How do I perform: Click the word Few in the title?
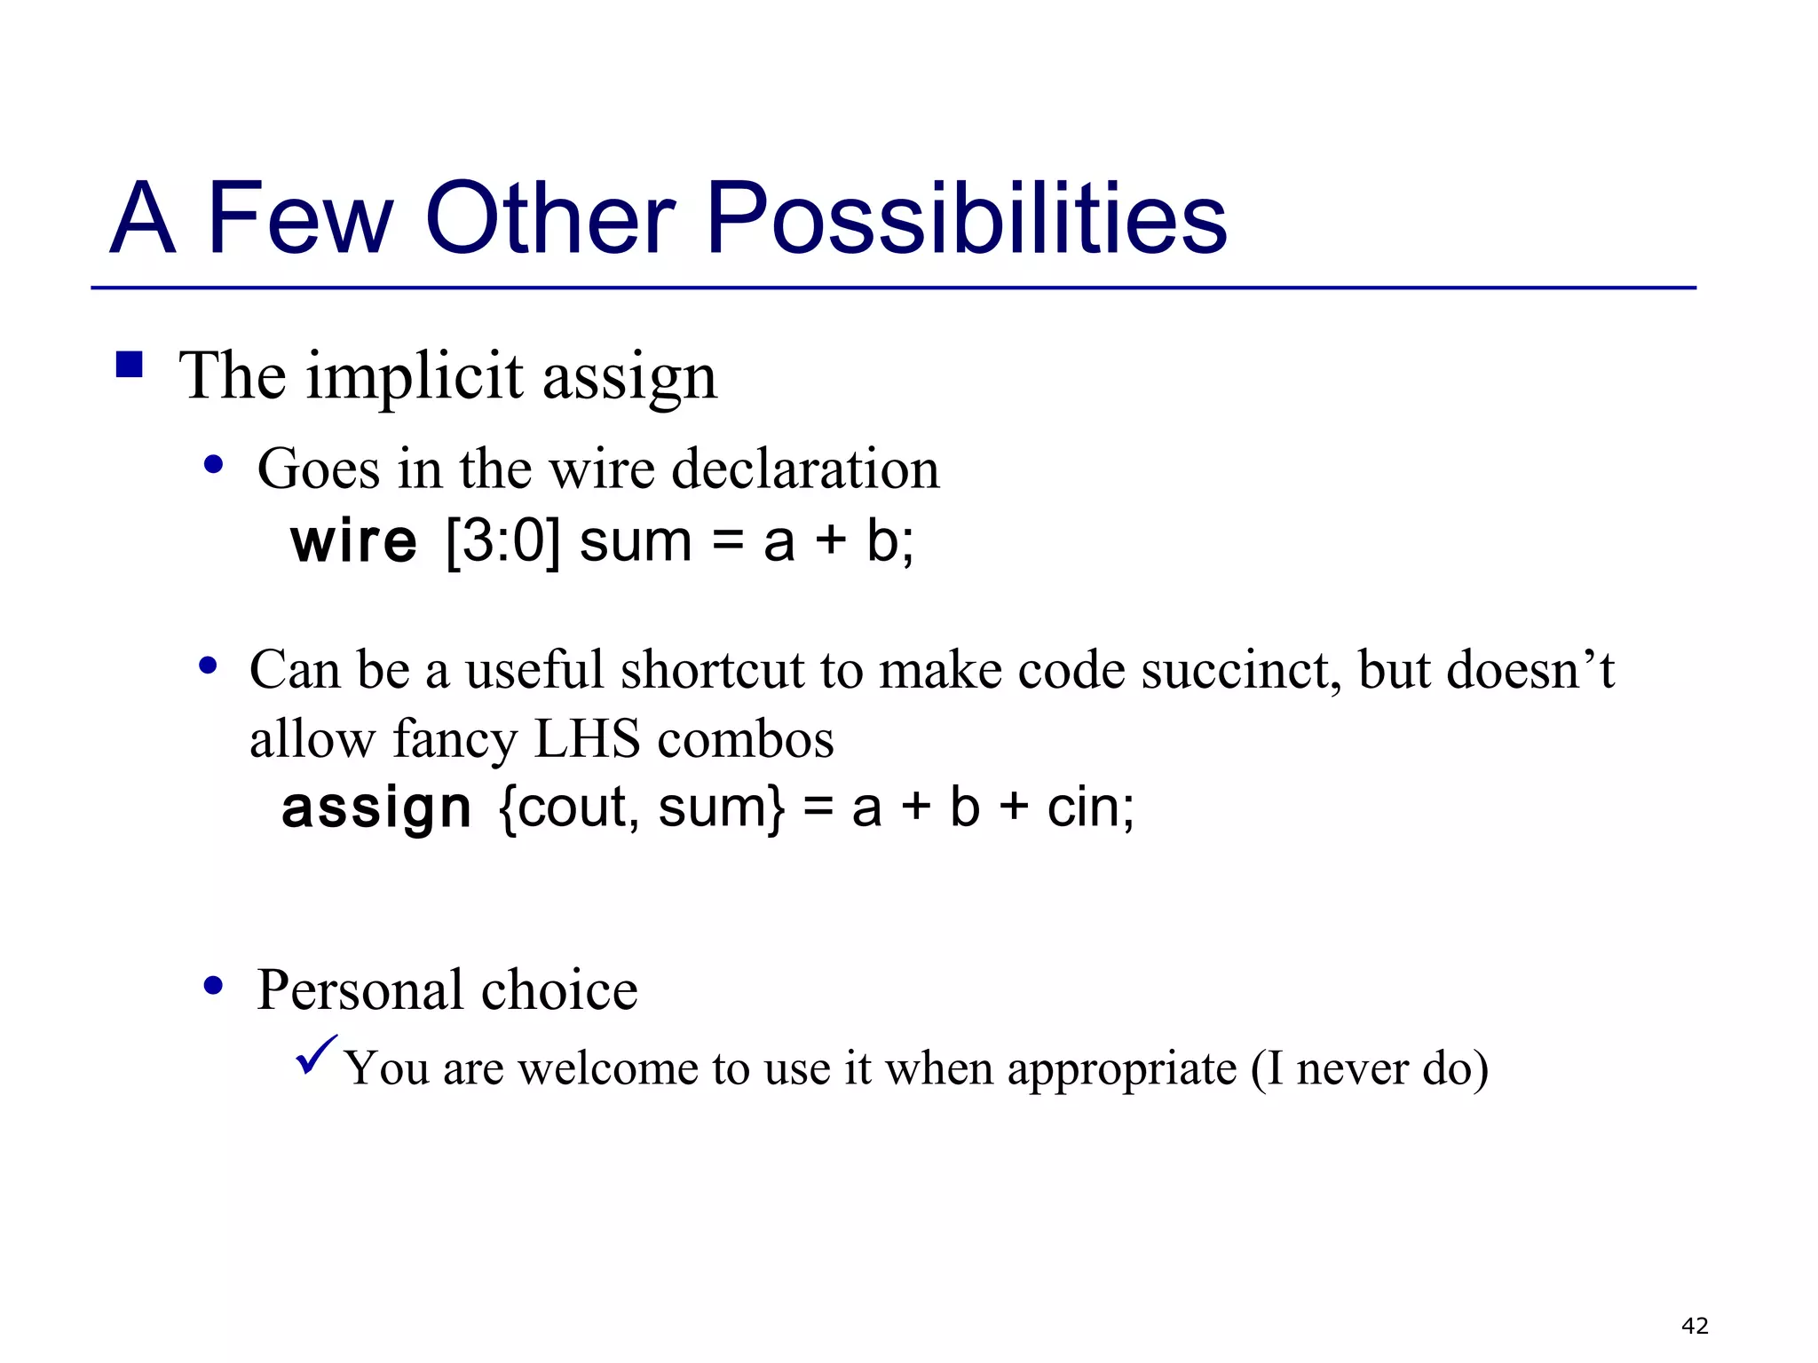coord(299,218)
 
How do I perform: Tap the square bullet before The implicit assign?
coord(130,365)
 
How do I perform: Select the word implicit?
coord(415,377)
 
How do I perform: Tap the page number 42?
coord(1695,1326)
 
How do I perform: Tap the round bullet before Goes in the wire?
coord(213,464)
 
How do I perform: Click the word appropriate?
coord(1122,1068)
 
